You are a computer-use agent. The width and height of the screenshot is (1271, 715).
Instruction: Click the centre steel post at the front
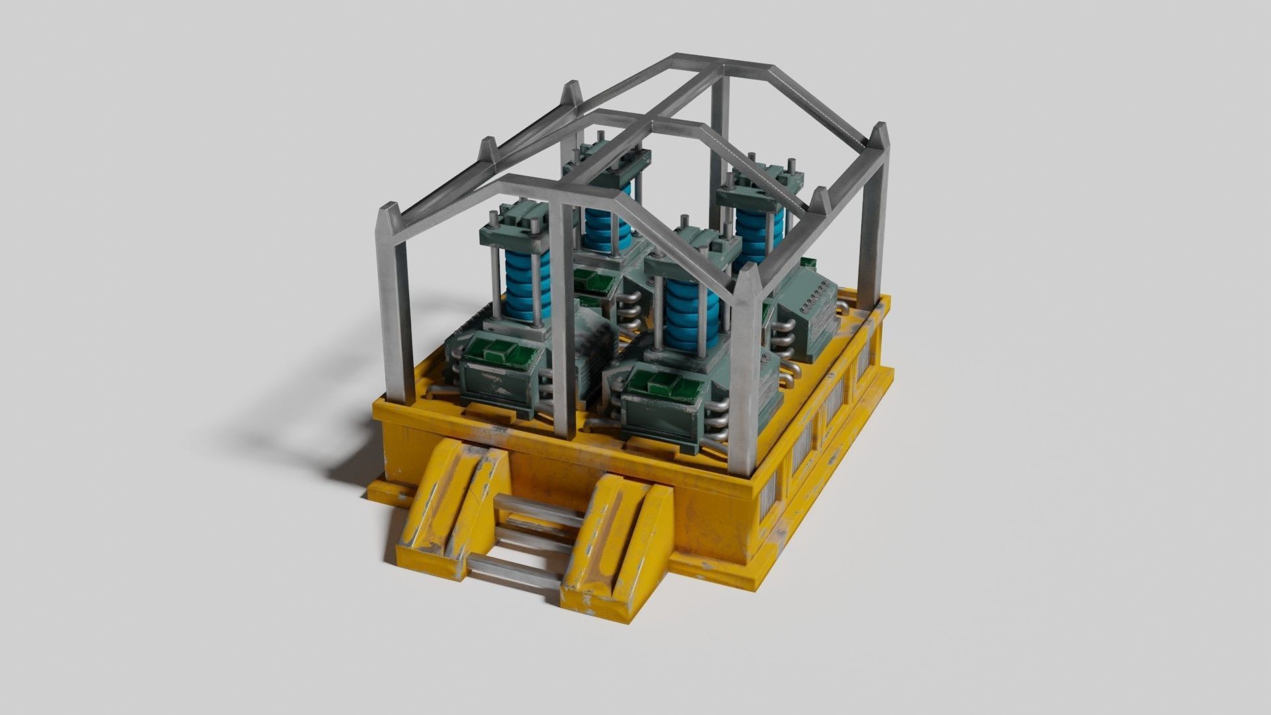pos(563,318)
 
